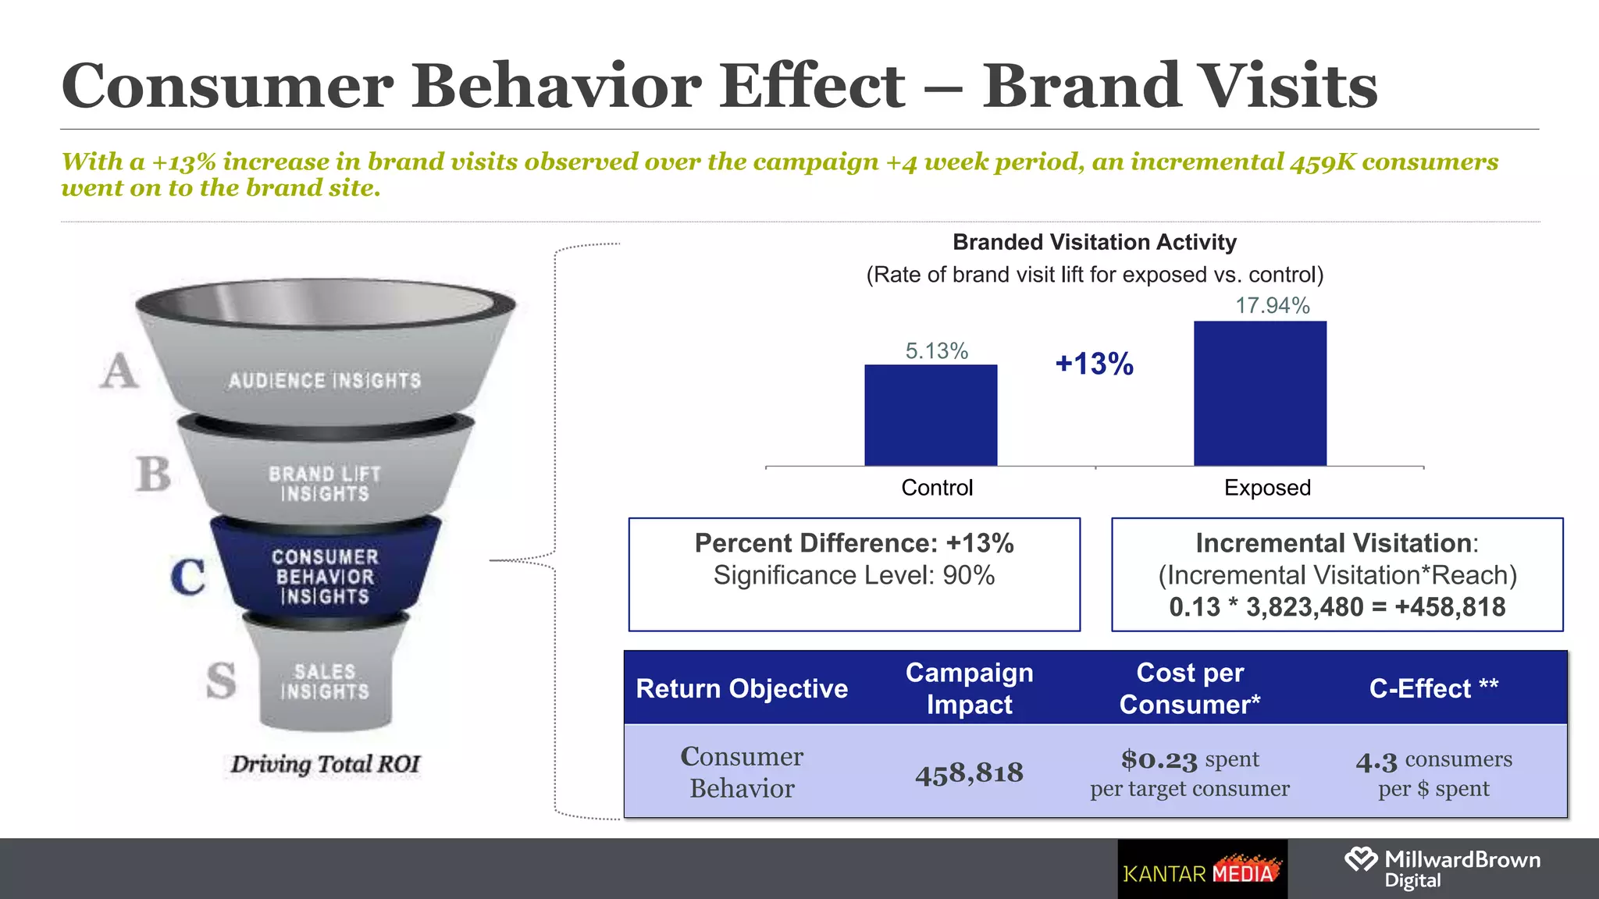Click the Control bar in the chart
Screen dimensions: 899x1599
click(931, 415)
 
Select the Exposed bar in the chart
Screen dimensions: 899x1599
click(1259, 394)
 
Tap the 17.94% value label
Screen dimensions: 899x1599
click(1272, 306)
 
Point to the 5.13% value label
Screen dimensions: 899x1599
click(936, 351)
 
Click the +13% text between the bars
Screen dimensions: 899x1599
click(1094, 364)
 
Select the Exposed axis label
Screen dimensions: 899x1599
click(1266, 488)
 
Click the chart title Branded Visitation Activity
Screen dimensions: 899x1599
click(1094, 242)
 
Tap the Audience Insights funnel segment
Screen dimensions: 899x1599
click(325, 380)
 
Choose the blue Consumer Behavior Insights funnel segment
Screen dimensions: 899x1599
click(325, 576)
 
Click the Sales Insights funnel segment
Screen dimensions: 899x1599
click(325, 681)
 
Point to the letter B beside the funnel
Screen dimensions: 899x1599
click(152, 474)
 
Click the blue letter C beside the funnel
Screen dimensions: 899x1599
click(188, 577)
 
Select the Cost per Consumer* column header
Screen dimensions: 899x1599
click(1189, 688)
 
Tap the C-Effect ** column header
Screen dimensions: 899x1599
click(1433, 688)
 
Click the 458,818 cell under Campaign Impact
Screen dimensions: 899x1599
click(969, 773)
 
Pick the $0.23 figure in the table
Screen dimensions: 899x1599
click(1159, 759)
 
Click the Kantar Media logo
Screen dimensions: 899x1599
click(1202, 869)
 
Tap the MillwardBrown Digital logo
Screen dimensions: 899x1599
click(1441, 869)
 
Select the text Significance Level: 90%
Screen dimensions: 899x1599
click(853, 575)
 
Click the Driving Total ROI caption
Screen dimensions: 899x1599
click(325, 763)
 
